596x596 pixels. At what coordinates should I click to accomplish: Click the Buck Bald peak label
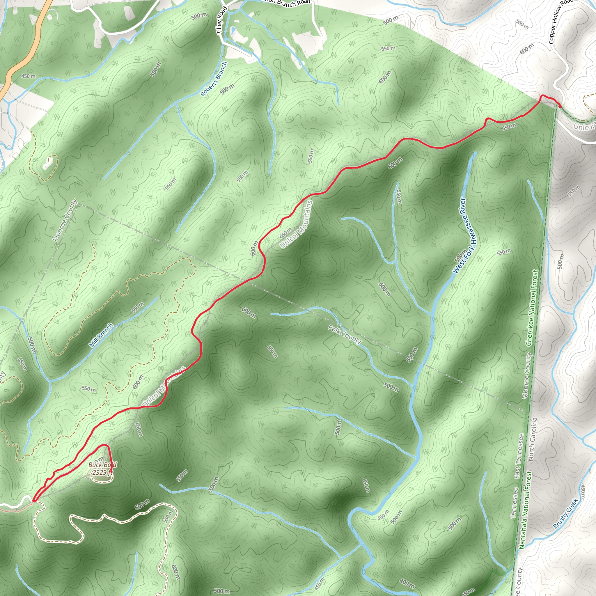tap(102, 464)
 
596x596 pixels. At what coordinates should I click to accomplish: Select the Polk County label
tap(344, 334)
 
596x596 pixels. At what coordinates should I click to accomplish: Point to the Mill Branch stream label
tap(101, 335)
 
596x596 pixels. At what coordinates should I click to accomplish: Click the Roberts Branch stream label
tap(214, 79)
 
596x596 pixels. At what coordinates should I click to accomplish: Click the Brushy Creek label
tap(565, 514)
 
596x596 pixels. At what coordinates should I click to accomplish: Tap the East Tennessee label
tap(519, 456)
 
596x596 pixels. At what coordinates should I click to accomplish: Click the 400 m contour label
tap(407, 583)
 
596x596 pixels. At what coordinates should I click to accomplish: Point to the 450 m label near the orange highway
tap(29, 76)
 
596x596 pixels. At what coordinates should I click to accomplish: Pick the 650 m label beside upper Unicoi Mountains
tap(286, 233)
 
